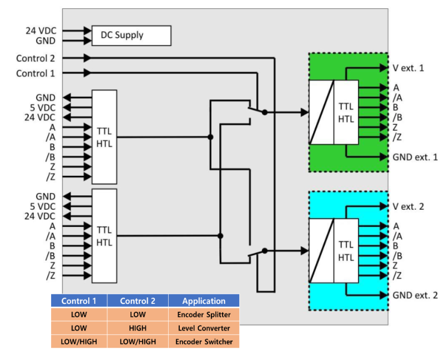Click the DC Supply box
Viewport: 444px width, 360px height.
coord(131,36)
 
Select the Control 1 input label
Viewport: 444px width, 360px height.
coord(39,73)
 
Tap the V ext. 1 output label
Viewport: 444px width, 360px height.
coord(408,68)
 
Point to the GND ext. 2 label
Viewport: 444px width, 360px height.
coord(415,295)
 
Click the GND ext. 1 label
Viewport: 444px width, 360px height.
coord(415,157)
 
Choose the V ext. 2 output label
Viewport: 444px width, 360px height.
coord(408,206)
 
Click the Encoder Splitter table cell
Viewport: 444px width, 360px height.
coord(204,315)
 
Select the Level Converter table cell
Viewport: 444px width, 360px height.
coord(204,328)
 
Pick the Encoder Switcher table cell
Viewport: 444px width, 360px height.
coord(204,341)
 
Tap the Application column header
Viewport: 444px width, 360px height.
coord(204,301)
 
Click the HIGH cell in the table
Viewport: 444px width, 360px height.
coord(138,328)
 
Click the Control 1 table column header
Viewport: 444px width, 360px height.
coord(79,301)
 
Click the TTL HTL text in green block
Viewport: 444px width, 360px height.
coord(346,113)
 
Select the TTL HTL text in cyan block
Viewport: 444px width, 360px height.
coord(346,251)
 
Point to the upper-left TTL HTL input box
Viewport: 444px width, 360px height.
coord(104,136)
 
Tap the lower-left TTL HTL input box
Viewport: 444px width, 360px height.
coord(104,236)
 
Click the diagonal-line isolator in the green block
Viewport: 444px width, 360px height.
coord(321,113)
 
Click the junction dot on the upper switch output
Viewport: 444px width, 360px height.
coord(265,112)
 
